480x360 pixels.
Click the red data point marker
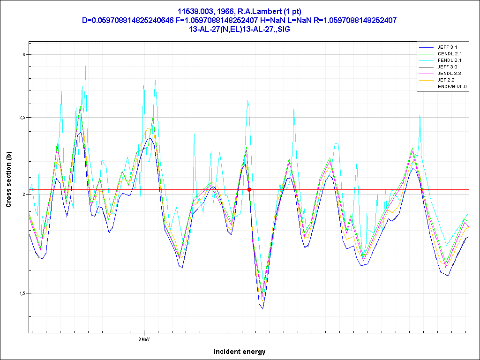tap(249, 190)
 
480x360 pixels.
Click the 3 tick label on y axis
tap(24, 54)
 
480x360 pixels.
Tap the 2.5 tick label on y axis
tap(22, 117)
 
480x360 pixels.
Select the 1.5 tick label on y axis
tap(22, 293)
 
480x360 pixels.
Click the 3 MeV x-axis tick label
tap(144, 338)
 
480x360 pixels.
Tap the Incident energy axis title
tap(240, 352)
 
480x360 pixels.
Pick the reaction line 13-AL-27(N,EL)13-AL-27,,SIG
tap(240, 29)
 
